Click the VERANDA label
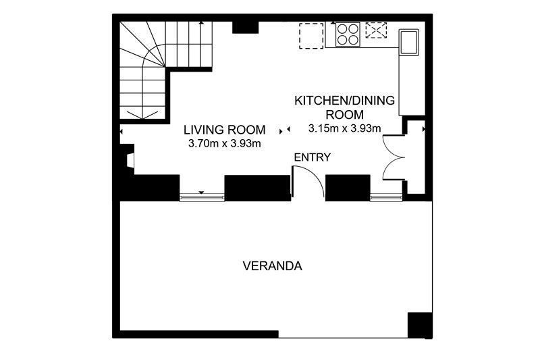(x=273, y=266)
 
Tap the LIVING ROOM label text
(x=224, y=130)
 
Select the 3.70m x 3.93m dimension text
(x=224, y=143)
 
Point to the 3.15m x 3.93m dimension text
(x=344, y=128)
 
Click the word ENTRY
(x=312, y=157)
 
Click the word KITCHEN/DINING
(x=344, y=101)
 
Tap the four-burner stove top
(x=348, y=34)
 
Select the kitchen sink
(x=409, y=42)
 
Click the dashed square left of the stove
(x=311, y=36)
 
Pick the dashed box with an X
(x=376, y=30)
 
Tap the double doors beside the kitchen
(x=393, y=158)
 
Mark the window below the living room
(x=202, y=197)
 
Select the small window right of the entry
(x=386, y=197)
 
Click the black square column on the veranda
(x=420, y=325)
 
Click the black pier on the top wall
(x=246, y=27)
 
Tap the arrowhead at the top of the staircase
(x=201, y=23)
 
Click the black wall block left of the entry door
(x=258, y=188)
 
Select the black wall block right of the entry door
(x=348, y=188)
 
